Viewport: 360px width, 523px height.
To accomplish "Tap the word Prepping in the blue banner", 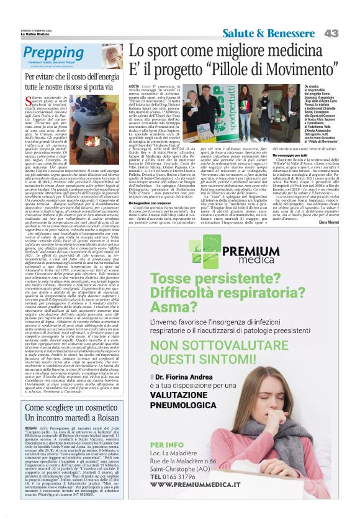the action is (50, 53).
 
